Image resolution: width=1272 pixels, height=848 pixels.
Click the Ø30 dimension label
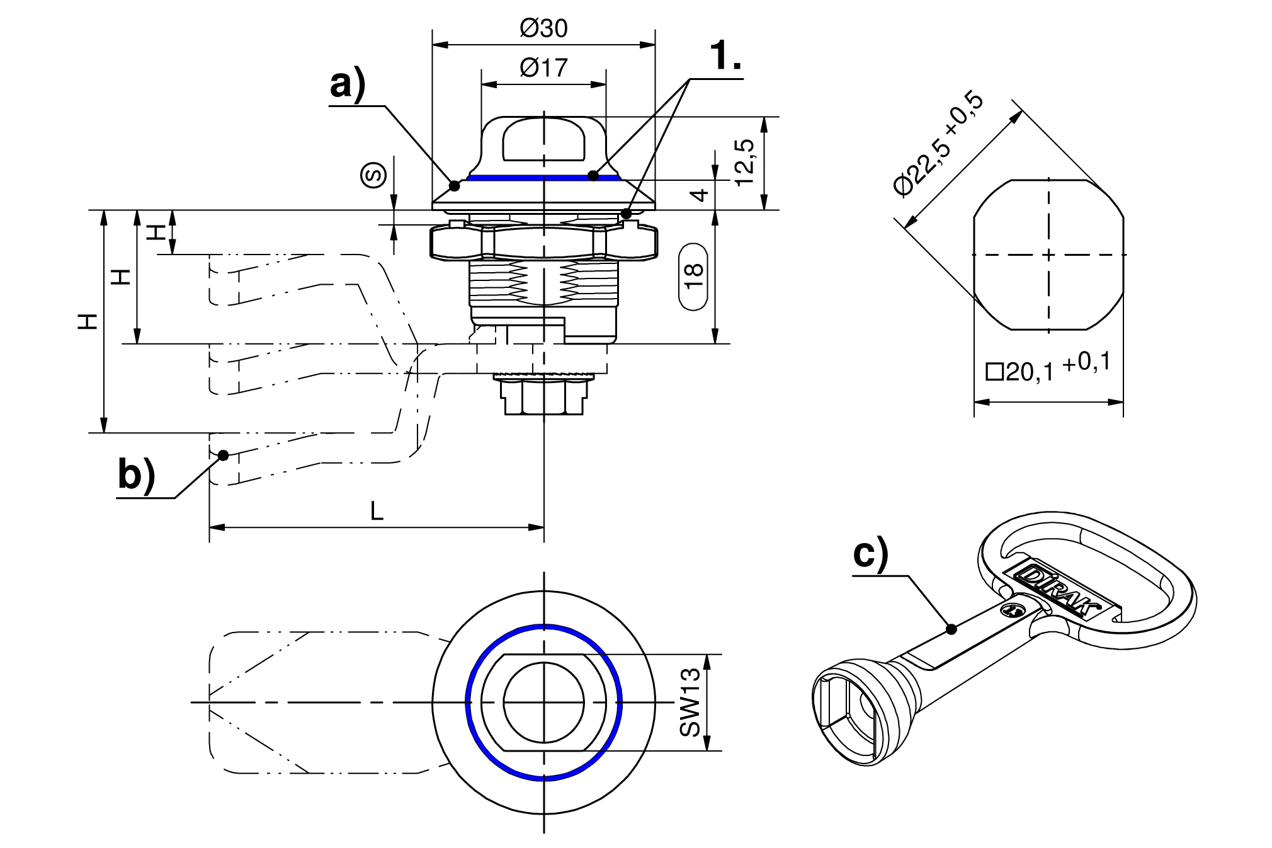[543, 28]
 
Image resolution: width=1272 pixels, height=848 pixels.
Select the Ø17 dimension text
[543, 67]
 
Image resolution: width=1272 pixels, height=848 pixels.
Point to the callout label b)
[136, 475]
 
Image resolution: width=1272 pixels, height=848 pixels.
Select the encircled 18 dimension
[693, 276]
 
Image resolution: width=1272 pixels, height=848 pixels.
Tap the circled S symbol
[373, 175]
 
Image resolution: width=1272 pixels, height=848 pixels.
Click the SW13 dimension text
[690, 702]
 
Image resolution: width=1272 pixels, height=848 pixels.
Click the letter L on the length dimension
[377, 511]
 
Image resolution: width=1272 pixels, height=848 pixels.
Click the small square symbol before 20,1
[994, 372]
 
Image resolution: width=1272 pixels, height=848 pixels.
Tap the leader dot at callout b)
[223, 455]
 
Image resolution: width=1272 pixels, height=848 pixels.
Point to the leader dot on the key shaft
[951, 628]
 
